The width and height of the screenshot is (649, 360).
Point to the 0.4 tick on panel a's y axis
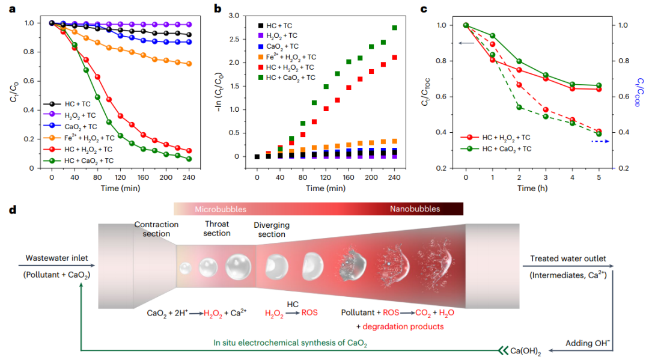click(x=29, y=110)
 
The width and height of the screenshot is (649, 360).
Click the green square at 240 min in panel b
click(x=394, y=28)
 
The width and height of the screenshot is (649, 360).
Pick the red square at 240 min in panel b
click(x=394, y=58)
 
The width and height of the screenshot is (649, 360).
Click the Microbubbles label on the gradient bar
click(x=220, y=209)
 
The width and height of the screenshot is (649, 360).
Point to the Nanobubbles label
click(x=415, y=209)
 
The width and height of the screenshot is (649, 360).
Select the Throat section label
click(x=217, y=228)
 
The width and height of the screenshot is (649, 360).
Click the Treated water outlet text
click(x=568, y=258)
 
